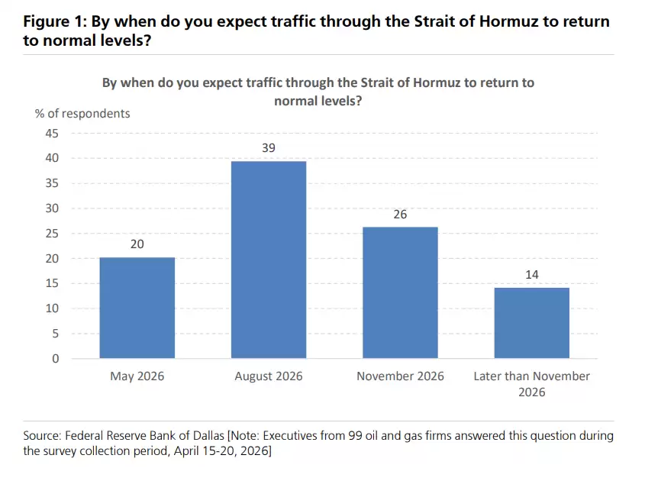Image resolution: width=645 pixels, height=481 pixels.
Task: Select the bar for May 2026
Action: (137, 308)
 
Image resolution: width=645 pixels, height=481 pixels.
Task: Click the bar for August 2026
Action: (269, 260)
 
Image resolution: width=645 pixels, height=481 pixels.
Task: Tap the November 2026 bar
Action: (400, 292)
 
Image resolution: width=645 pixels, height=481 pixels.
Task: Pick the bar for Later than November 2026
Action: (531, 323)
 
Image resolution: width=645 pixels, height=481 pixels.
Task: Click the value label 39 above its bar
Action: (269, 147)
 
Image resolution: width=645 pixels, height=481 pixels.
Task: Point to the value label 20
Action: (137, 244)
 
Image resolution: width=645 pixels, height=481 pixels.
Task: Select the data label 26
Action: (400, 215)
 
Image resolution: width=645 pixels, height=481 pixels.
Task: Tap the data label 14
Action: (531, 275)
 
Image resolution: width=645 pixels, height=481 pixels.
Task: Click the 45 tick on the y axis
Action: (52, 133)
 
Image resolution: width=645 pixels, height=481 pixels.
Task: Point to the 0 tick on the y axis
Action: (55, 358)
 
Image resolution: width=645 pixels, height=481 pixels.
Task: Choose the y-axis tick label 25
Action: (52, 233)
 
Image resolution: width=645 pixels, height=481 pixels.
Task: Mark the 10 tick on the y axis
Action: (52, 308)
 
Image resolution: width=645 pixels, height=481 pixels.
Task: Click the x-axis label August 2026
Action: (269, 376)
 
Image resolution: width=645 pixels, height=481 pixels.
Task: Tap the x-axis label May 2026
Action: (137, 376)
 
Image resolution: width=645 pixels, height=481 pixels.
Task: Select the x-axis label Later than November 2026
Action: (531, 384)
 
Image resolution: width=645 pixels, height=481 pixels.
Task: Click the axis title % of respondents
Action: (82, 114)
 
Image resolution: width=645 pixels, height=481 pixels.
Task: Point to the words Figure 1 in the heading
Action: (54, 21)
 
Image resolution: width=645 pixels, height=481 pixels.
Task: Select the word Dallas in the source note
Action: (207, 436)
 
